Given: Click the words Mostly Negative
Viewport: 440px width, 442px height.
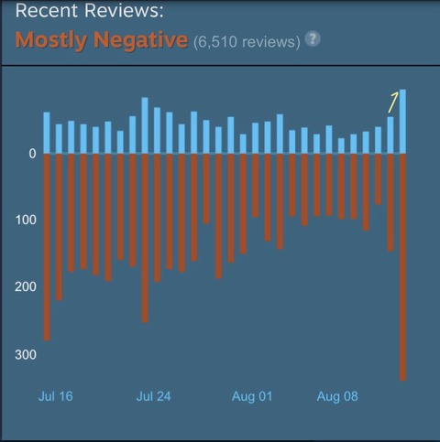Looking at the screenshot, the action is pos(102,40).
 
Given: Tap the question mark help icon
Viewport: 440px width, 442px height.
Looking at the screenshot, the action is pos(313,39).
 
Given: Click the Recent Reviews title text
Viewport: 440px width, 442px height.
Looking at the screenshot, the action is pos(89,10).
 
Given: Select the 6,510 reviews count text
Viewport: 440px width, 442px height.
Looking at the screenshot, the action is pos(247,42).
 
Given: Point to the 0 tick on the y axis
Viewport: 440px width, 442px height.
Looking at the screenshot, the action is pos(32,154).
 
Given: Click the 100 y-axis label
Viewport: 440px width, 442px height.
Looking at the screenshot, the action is pos(26,220).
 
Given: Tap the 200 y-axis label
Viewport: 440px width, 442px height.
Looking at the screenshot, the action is pos(26,286).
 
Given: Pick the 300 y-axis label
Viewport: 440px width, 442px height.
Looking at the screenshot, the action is pos(26,355).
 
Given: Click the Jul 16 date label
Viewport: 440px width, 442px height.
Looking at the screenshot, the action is pos(56,396).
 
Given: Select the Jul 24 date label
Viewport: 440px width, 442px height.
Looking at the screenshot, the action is pos(153,396).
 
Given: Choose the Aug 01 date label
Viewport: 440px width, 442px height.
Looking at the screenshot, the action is pos(252,396).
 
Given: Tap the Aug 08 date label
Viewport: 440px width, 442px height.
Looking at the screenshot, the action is pos(337,396).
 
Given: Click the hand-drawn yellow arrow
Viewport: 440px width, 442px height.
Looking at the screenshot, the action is pos(393,102).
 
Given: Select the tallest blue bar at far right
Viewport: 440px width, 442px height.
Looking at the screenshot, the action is pos(402,122).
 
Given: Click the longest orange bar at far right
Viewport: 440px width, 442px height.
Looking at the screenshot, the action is pos(402,267).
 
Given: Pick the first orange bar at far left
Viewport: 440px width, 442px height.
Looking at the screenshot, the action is pos(47,247).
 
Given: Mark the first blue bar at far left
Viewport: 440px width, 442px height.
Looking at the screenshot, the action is pos(47,133).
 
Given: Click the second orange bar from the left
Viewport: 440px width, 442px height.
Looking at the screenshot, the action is pos(59,227).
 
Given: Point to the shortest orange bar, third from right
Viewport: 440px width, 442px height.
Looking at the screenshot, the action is pos(379,179).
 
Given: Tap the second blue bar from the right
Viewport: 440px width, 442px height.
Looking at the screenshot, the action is pos(390,135).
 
